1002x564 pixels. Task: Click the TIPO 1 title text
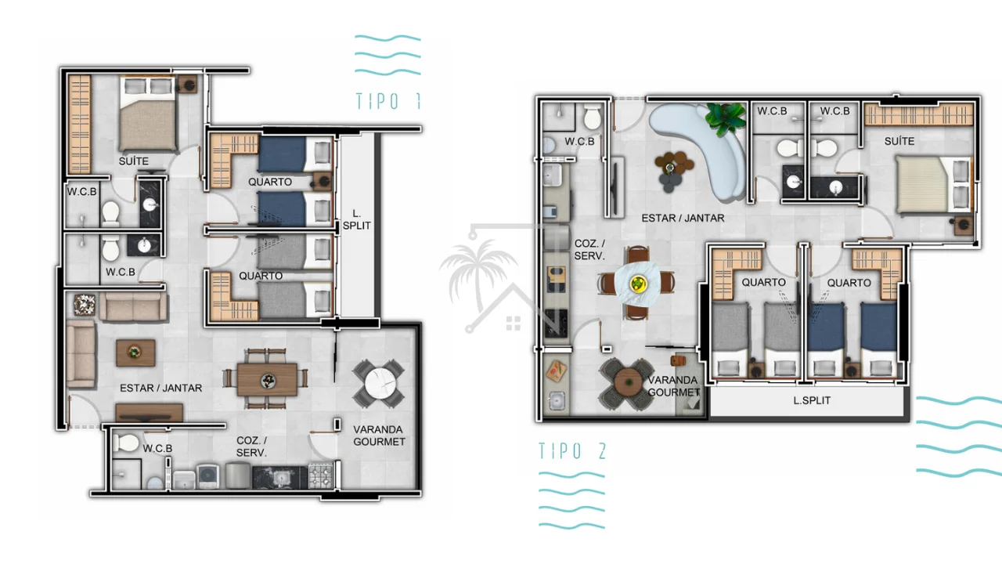click(x=388, y=101)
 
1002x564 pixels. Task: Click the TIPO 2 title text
click(x=572, y=450)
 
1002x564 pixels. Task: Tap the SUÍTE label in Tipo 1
click(x=133, y=161)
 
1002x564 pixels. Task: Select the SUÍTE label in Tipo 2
click(x=899, y=141)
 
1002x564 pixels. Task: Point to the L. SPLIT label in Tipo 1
click(x=356, y=219)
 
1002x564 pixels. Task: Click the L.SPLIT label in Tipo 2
click(x=812, y=400)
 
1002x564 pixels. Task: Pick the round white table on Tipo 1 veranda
click(x=380, y=384)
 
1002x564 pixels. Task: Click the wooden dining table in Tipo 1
click(x=267, y=380)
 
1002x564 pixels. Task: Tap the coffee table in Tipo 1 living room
click(x=135, y=352)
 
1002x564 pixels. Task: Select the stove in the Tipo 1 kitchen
click(x=321, y=475)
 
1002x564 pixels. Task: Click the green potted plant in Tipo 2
click(x=726, y=117)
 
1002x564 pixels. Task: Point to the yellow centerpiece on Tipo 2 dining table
click(x=637, y=283)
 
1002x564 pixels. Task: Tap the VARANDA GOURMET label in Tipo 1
click(x=379, y=436)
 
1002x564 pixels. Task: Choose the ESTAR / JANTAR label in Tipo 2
click(x=683, y=218)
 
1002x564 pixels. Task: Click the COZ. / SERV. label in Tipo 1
click(x=251, y=446)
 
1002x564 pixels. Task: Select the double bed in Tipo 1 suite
click(x=147, y=114)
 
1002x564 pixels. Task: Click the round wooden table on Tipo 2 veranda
click(x=629, y=383)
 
